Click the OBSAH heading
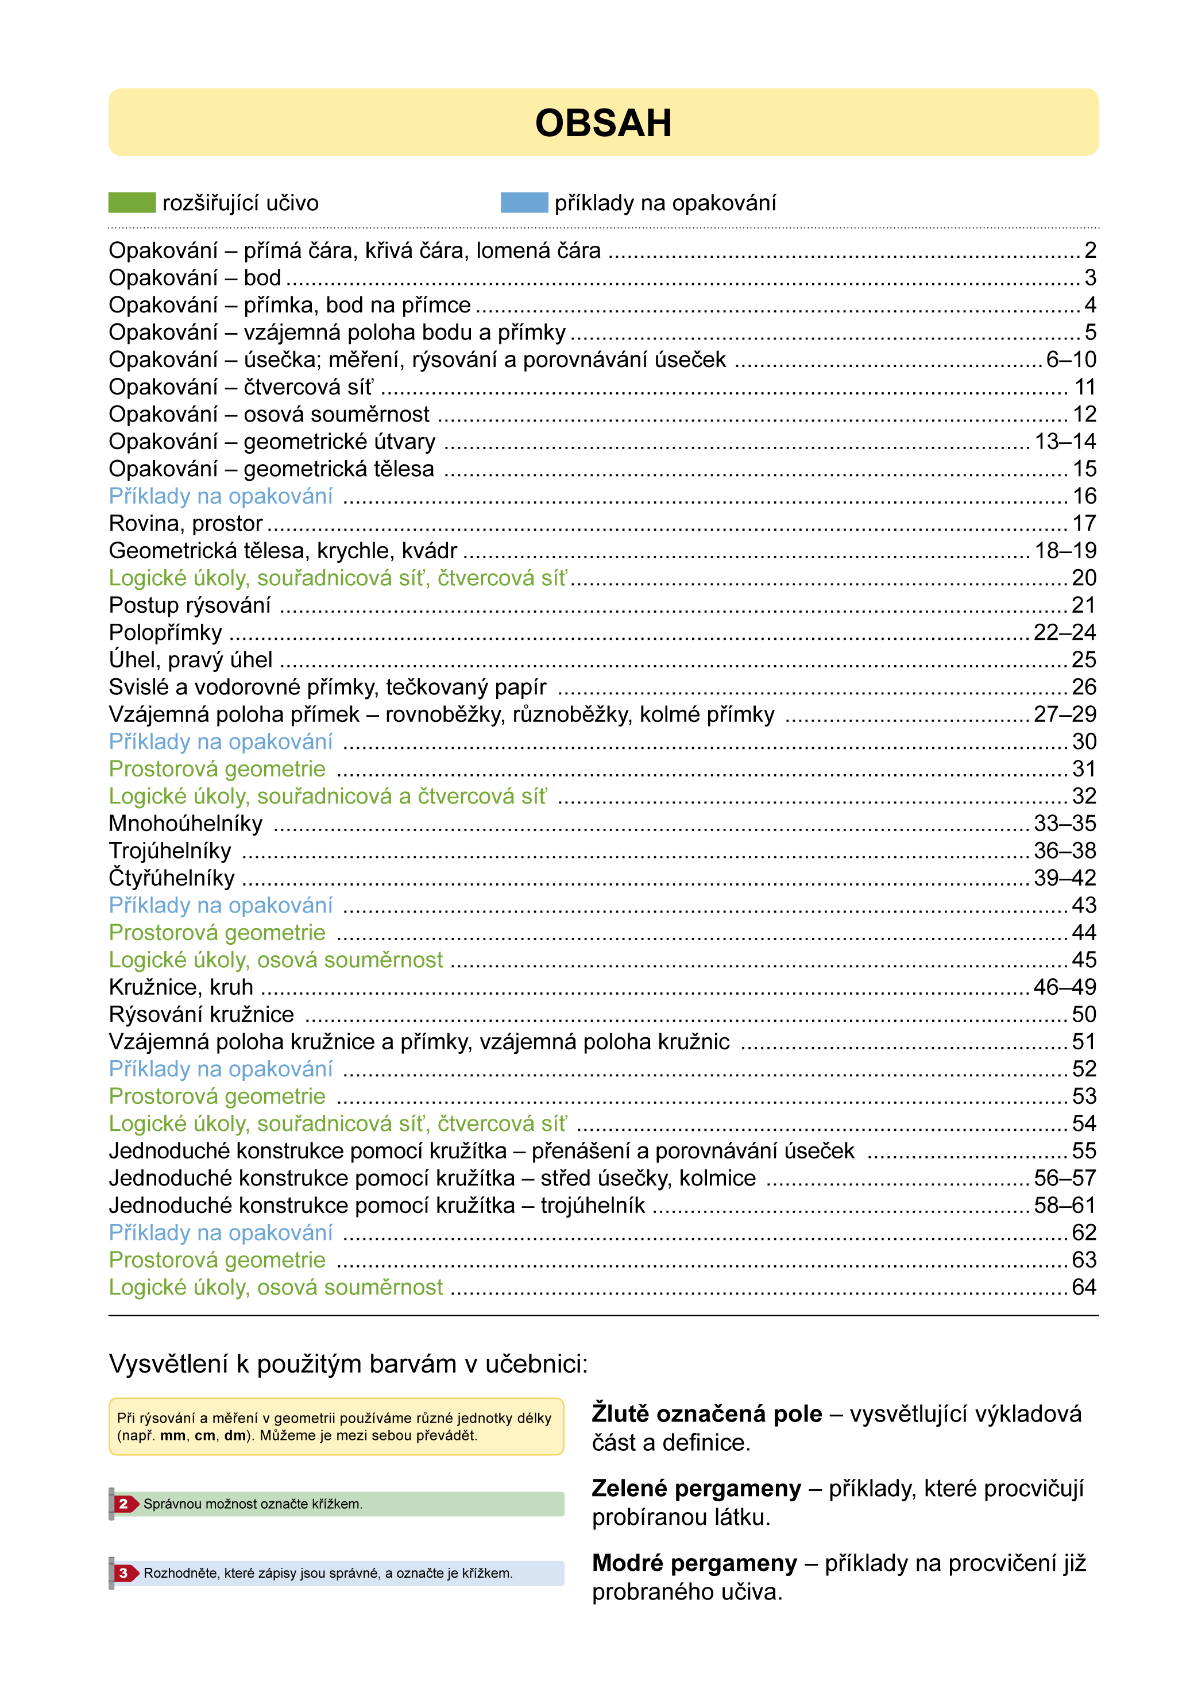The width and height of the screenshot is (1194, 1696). tap(603, 123)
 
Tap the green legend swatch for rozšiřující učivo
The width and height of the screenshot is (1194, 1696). tap(132, 202)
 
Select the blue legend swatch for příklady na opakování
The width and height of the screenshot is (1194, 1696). tap(524, 202)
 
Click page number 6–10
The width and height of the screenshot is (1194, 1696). tap(1071, 360)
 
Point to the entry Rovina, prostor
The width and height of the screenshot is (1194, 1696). tap(186, 524)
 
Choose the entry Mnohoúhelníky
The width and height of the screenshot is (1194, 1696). tap(186, 824)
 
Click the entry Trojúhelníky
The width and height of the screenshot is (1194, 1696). tap(170, 851)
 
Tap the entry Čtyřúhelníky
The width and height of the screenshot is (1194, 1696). tap(171, 878)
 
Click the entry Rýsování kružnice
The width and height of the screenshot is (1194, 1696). tap(201, 1014)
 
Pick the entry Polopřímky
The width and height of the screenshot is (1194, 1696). tap(165, 633)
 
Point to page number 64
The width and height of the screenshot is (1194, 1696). tap(1084, 1288)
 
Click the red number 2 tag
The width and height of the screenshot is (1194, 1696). tap(124, 1504)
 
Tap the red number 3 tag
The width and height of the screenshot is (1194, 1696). tap(124, 1573)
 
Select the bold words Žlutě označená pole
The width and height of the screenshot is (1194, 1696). tap(706, 1414)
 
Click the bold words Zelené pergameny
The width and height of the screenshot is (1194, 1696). tap(696, 1489)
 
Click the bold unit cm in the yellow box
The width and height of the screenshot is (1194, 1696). tap(204, 1436)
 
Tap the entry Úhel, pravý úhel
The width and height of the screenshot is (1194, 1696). tap(191, 660)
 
